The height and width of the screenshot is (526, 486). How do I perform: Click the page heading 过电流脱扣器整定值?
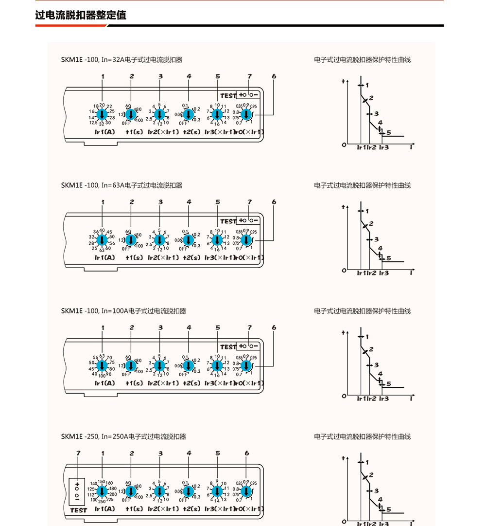pyautogui.click(x=81, y=15)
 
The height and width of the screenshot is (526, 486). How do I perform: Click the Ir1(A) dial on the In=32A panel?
pyautogui.click(x=102, y=115)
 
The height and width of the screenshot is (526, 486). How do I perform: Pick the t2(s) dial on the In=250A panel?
pyautogui.click(x=189, y=491)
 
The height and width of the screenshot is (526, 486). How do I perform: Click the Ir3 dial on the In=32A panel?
pyautogui.click(x=217, y=115)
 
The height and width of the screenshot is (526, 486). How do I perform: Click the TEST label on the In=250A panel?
pyautogui.click(x=78, y=510)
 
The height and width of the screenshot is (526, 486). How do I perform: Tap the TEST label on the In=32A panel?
pyautogui.click(x=228, y=96)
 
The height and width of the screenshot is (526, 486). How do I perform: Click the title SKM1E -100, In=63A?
pyautogui.click(x=121, y=185)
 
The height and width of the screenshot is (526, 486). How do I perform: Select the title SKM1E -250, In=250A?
pyautogui.click(x=123, y=436)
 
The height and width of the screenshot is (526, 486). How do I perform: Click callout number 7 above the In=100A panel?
pyautogui.click(x=249, y=328)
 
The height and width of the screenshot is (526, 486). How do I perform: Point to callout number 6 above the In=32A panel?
pyautogui.click(x=274, y=77)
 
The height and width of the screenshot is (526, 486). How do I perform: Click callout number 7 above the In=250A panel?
pyautogui.click(x=78, y=453)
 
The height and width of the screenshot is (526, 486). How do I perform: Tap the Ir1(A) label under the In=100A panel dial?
pyautogui.click(x=104, y=383)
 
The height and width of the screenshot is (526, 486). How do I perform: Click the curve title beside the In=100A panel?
pyautogui.click(x=362, y=311)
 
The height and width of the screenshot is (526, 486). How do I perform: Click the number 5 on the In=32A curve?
pyautogui.click(x=388, y=133)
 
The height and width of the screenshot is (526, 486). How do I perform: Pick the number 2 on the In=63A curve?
pyautogui.click(x=371, y=224)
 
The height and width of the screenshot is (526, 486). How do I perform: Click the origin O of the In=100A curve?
pyautogui.click(x=344, y=396)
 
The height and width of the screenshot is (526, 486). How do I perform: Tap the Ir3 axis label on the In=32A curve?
pyautogui.click(x=384, y=147)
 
